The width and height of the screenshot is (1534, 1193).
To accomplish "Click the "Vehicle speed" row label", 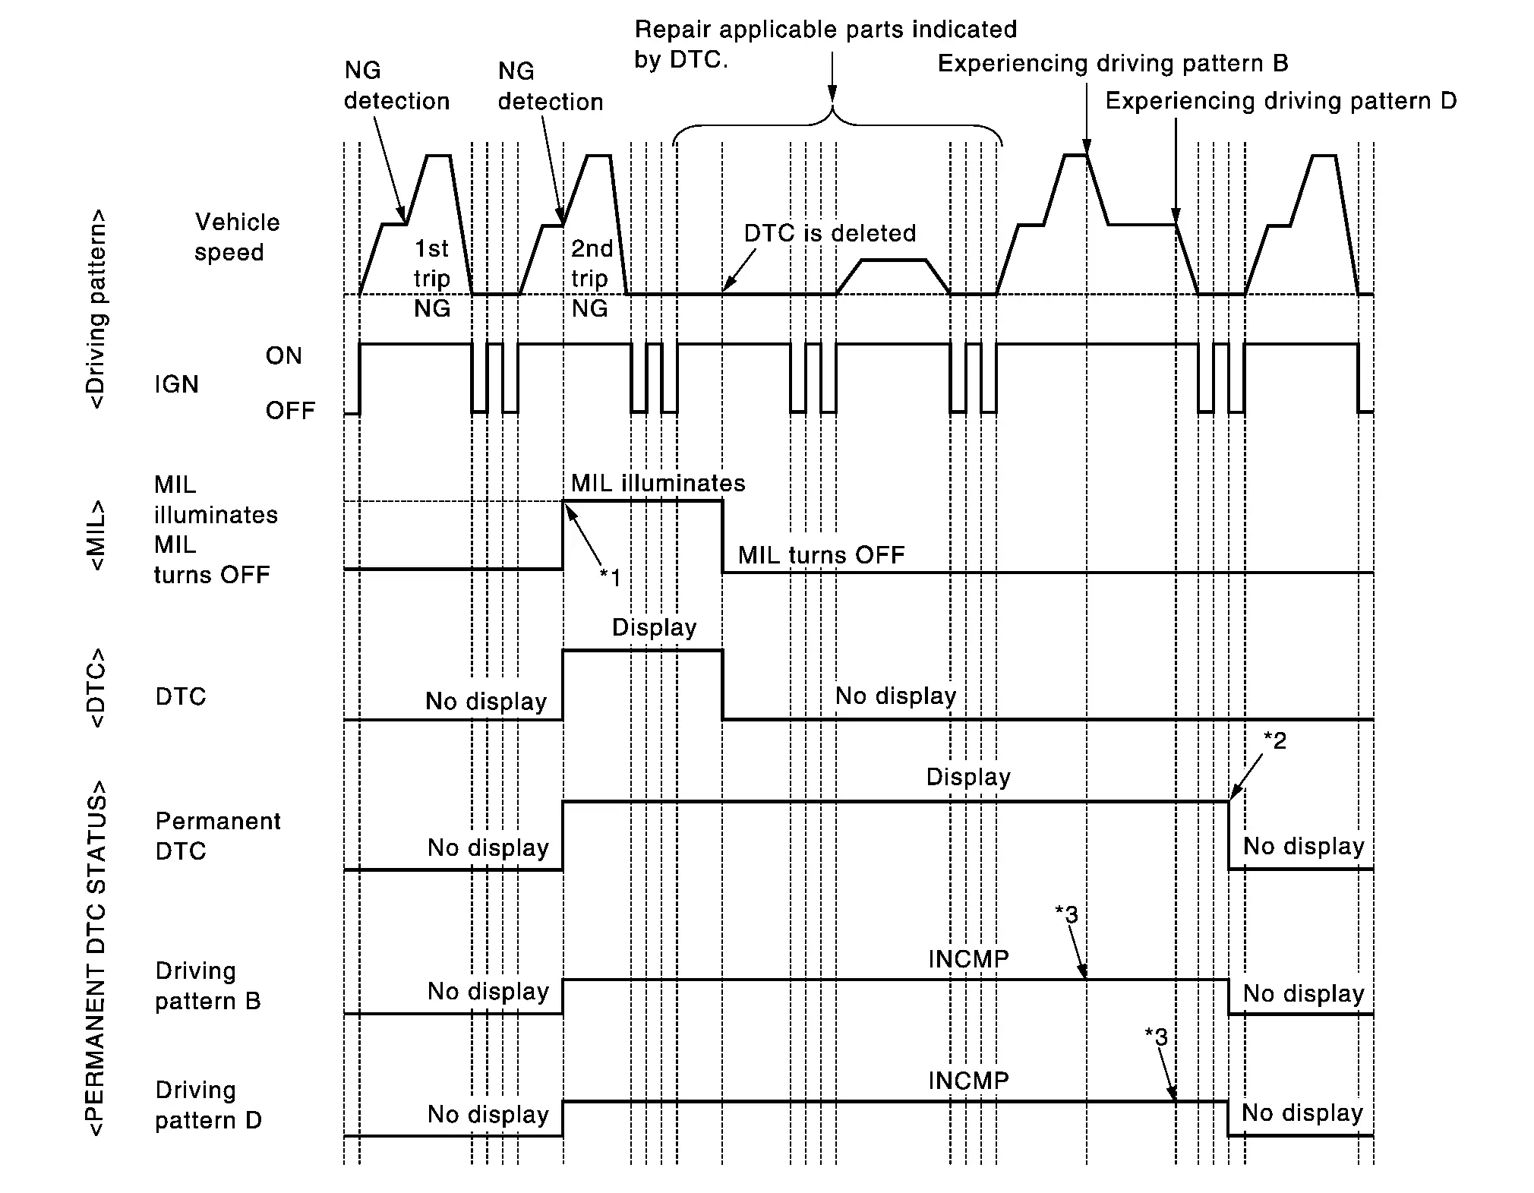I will coord(236,237).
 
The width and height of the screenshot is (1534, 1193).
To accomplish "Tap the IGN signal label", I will coord(176,384).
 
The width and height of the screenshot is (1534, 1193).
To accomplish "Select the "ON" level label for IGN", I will coord(283,355).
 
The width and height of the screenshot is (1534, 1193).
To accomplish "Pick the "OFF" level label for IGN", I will coord(289,411).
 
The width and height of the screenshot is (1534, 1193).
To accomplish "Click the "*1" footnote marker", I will coord(610,578).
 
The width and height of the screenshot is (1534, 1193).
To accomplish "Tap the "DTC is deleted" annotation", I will coord(829,233).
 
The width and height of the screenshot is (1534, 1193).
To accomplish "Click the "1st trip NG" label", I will coord(431,278).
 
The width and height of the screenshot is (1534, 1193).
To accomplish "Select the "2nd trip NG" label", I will coord(591,278).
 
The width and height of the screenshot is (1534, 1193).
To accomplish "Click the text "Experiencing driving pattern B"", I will coord(1113,63).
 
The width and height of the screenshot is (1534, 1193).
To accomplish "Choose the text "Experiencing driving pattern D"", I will coord(1280,101).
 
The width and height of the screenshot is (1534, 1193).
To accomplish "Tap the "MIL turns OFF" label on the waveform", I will coord(821,555).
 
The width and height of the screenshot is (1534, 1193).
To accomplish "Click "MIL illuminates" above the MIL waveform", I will coord(658,483).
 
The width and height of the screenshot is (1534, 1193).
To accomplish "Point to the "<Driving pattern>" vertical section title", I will coord(97,309).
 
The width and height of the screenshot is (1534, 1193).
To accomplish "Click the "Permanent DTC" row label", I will coord(217,835).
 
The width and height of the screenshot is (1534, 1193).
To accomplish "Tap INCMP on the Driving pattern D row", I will coord(968,1080).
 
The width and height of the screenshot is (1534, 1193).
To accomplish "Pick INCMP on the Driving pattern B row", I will coord(968,959).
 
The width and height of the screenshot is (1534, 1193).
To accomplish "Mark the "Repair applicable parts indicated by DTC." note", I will coord(825,45).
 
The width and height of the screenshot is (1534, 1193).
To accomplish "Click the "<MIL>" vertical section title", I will coord(97,535).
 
